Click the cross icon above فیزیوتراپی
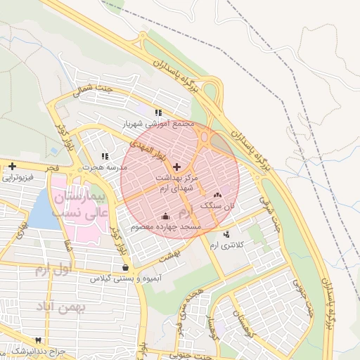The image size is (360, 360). click(12, 166)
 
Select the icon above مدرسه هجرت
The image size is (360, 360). click(105, 156)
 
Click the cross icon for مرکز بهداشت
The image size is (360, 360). click(176, 167)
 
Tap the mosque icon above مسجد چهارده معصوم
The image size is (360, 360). click(165, 217)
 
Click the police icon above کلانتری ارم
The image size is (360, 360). click(226, 234)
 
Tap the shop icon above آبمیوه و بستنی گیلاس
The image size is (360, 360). click(125, 267)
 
